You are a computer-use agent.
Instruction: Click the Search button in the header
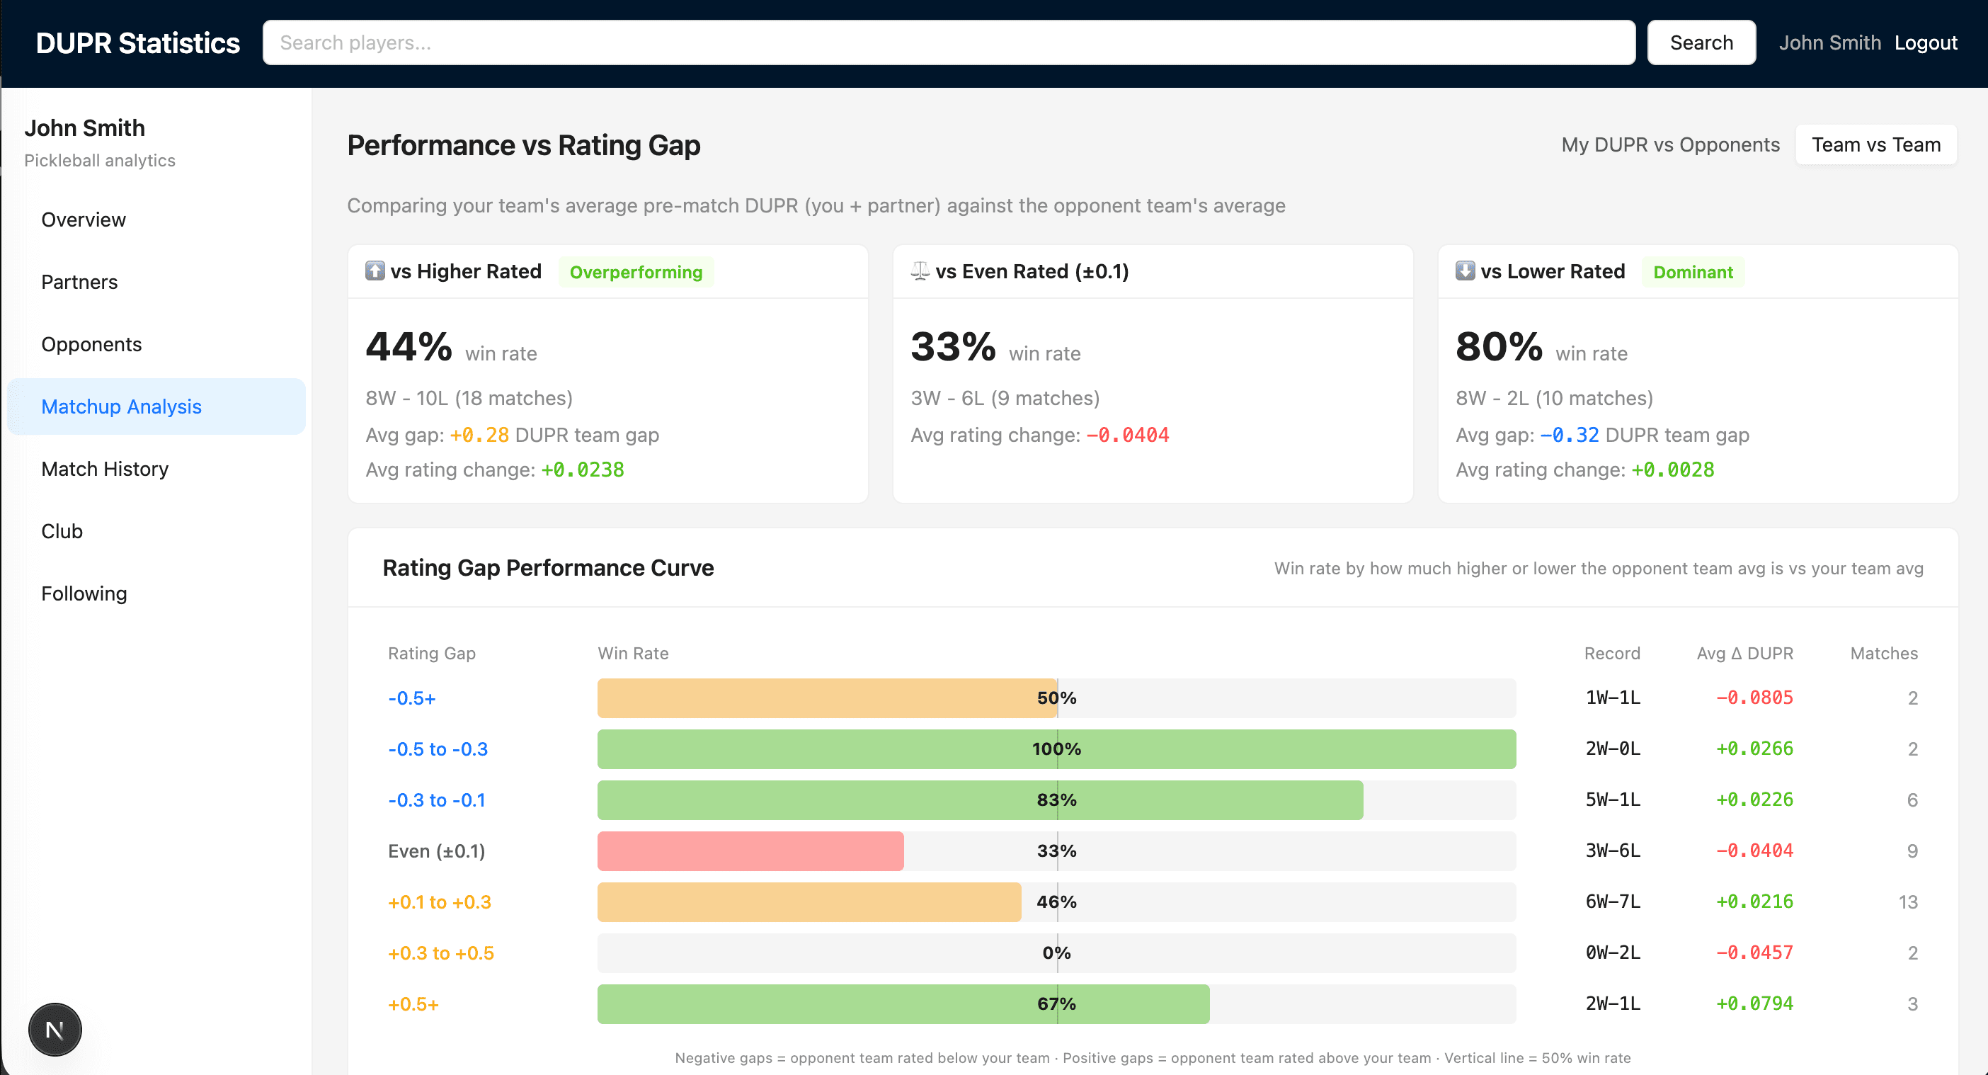click(1701, 42)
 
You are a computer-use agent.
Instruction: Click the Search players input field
click(948, 42)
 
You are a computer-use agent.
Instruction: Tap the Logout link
click(1926, 42)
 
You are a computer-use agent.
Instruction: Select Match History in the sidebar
click(105, 470)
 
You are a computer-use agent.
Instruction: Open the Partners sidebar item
click(79, 283)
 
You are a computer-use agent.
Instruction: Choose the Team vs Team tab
click(1875, 145)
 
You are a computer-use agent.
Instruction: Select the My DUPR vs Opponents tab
click(1670, 145)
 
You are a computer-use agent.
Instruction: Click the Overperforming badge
click(636, 273)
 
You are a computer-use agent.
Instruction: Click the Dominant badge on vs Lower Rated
click(1693, 273)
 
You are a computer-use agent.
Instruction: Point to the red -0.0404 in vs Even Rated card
click(1128, 436)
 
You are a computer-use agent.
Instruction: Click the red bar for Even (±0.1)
click(750, 851)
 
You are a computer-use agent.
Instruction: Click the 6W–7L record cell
click(1612, 902)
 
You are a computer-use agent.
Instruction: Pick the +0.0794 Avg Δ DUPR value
click(1754, 1004)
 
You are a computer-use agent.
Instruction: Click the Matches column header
click(1883, 654)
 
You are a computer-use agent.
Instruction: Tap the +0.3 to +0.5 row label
click(440, 953)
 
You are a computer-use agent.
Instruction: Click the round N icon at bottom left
click(55, 1030)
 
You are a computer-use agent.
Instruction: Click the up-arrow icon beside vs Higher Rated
click(375, 271)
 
